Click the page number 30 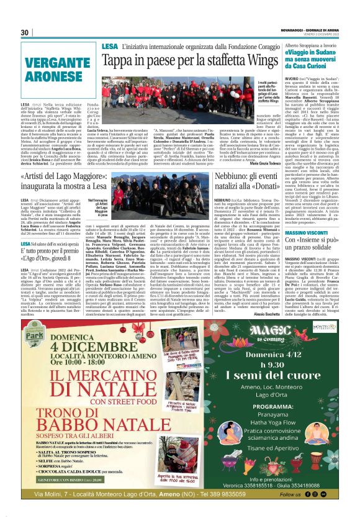25,32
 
